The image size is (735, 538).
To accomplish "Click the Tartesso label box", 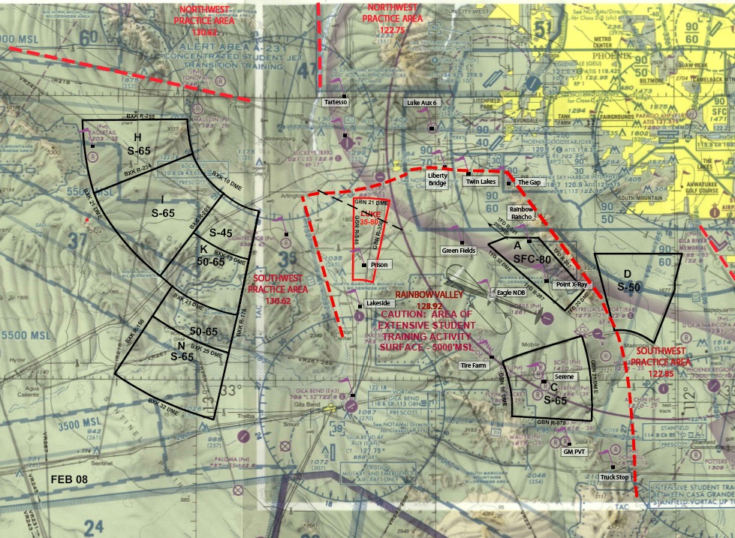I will coord(335,102).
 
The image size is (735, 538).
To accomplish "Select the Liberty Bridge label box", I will coord(438,179).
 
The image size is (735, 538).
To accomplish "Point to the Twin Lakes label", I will coord(480,182).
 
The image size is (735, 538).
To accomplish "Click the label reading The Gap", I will coord(529,182).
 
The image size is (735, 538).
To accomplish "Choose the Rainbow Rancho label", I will coord(522,212).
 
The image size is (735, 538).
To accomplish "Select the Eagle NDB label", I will coord(511,293).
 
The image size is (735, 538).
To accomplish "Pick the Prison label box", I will coord(379,265).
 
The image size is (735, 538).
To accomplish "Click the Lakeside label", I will coord(377,303).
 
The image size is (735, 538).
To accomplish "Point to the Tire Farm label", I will coord(474,365).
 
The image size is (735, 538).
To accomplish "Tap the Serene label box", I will coord(564,377).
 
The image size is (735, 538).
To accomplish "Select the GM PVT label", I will coord(573,452).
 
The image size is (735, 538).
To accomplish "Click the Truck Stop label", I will coord(615,477).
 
